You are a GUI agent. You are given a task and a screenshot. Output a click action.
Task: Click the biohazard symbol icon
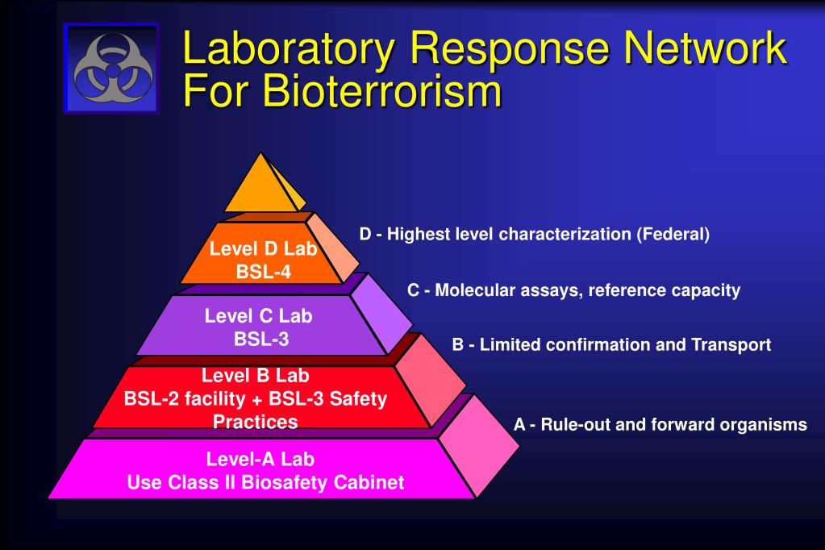click(x=111, y=69)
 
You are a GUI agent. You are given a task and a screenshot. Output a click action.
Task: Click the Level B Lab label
click(x=255, y=375)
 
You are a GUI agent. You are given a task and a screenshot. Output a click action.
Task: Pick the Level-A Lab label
click(x=260, y=460)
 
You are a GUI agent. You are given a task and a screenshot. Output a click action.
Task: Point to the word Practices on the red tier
click(x=255, y=422)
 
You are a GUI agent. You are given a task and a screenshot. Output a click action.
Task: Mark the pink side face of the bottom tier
click(x=479, y=448)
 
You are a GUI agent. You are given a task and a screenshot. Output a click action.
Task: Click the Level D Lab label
click(x=263, y=249)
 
